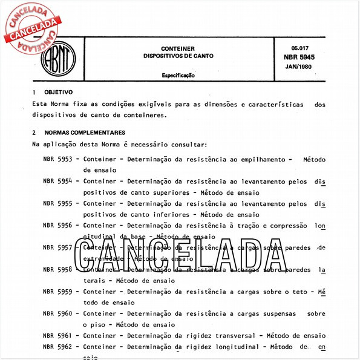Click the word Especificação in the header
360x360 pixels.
[178, 76]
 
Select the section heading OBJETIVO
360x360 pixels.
[59, 93]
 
